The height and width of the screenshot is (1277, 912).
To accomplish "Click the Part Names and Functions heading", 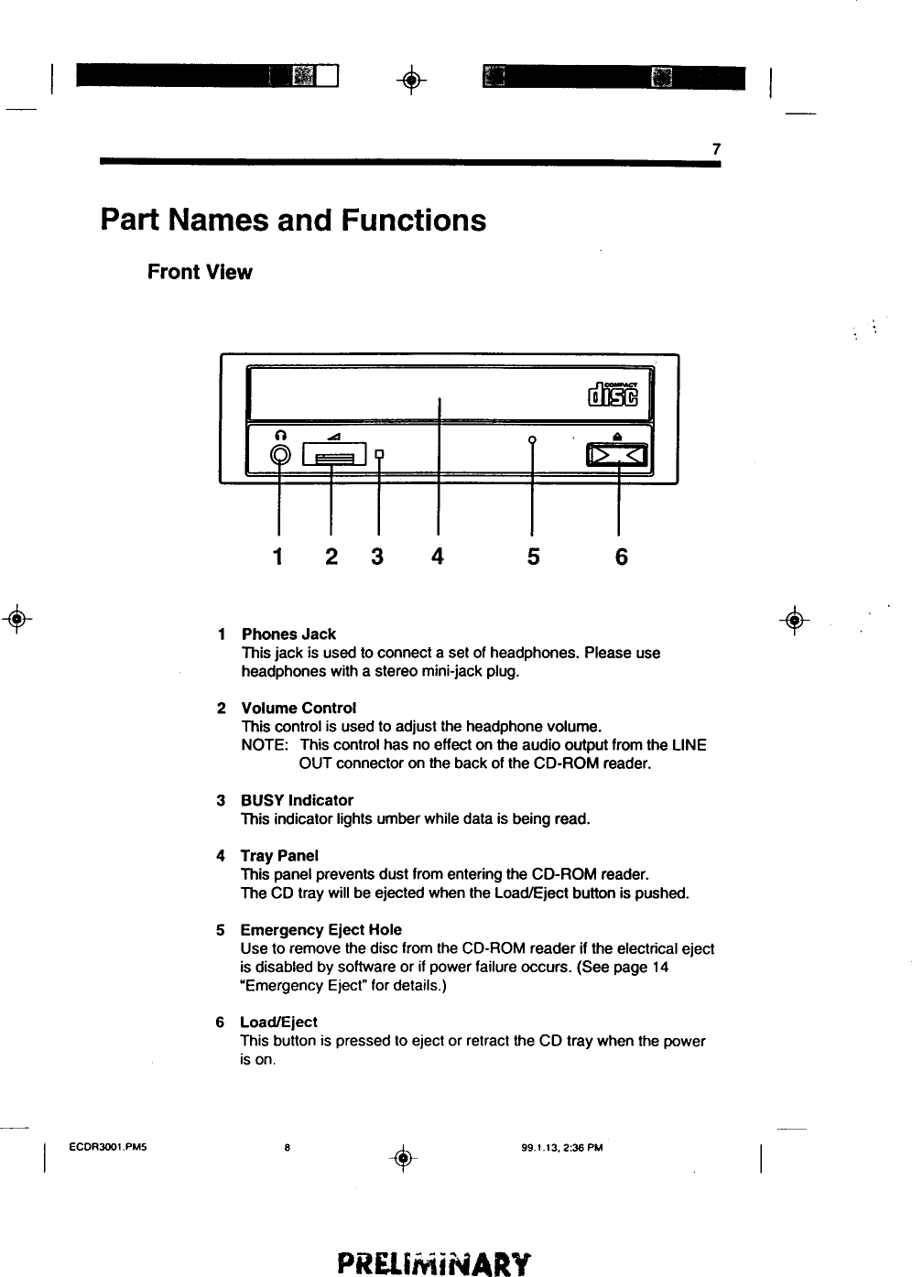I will tap(293, 221).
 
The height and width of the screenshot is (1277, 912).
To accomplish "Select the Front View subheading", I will tap(200, 273).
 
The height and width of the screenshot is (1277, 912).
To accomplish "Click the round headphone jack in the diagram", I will tap(280, 455).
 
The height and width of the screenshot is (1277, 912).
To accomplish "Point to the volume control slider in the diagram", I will tap(331, 455).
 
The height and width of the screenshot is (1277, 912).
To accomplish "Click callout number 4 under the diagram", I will tap(438, 556).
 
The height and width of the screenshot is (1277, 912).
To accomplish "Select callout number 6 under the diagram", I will tap(621, 556).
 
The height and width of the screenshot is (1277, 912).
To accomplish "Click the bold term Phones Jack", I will tap(288, 634).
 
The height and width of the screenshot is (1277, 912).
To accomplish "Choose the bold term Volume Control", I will tap(298, 709).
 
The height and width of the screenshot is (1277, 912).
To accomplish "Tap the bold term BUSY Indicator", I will tap(297, 800).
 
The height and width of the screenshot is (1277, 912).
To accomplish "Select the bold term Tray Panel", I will tap(279, 856).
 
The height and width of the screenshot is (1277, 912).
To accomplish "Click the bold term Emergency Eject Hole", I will tap(320, 930).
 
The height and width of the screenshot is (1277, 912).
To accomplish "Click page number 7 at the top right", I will tap(716, 149).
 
